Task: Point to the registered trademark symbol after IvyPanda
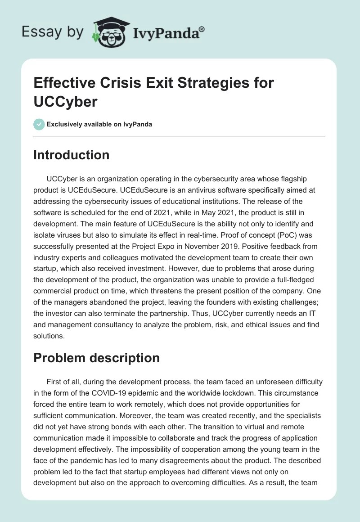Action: click(202, 29)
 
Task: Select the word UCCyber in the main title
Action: click(65, 101)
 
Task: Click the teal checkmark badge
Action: click(39, 124)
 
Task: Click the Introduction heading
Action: click(72, 155)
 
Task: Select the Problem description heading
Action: click(96, 358)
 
